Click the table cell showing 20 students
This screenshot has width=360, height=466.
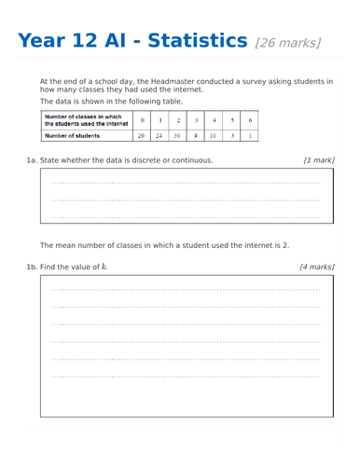[x=141, y=135]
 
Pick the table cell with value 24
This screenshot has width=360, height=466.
[x=159, y=135]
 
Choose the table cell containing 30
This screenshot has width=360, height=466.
[x=177, y=135]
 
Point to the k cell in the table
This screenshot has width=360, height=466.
[x=196, y=135]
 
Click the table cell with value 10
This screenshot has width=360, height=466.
[x=214, y=135]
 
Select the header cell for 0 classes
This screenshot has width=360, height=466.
[x=141, y=120]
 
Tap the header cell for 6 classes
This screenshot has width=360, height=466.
[x=250, y=120]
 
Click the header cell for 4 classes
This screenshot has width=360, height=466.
[x=214, y=120]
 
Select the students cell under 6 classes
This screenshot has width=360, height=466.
[x=250, y=135]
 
